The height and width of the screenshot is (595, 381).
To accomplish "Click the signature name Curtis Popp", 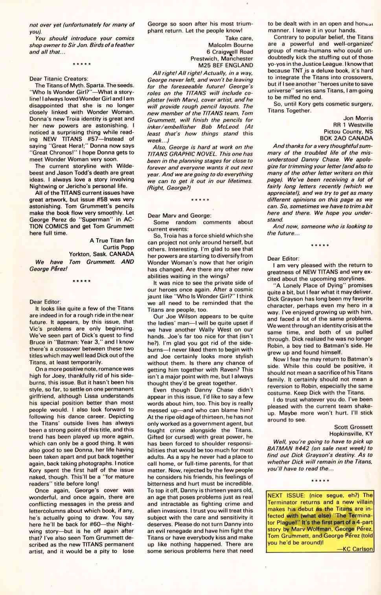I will point(118,247).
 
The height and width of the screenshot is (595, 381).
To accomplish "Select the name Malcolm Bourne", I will point(230,45).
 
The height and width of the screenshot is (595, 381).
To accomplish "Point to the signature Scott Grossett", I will point(353,427).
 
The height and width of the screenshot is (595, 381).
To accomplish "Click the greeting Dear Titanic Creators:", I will point(59,79).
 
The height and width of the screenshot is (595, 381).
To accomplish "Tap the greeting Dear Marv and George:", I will point(179,216).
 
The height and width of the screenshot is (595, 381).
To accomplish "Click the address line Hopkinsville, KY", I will point(351,434).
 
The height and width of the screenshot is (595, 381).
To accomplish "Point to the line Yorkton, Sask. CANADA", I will point(101,254).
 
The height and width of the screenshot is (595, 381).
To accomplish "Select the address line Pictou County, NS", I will point(348,131).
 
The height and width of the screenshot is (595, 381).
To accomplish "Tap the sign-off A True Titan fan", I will point(112,241).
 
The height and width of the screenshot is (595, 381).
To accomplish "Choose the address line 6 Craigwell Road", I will point(230,52).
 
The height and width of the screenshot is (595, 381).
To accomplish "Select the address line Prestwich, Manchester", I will point(221,59).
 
